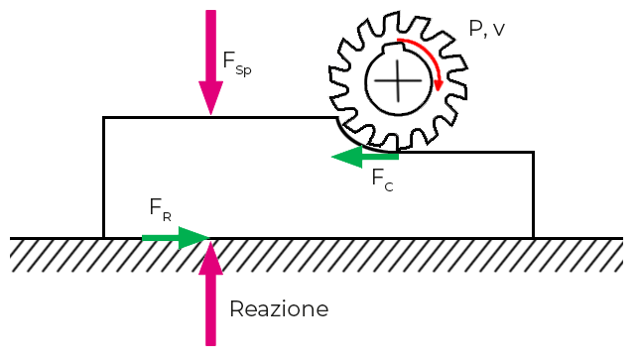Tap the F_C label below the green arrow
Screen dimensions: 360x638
pyautogui.click(x=382, y=180)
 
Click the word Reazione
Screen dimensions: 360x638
pyautogui.click(x=278, y=309)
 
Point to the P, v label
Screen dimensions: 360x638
pyautogui.click(x=486, y=30)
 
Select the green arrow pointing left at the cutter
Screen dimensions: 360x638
pyautogui.click(x=364, y=156)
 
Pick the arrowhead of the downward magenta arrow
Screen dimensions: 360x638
pyautogui.click(x=211, y=101)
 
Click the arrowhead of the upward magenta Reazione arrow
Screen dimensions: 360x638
pyautogui.click(x=211, y=256)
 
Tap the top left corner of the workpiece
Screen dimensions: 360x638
pyautogui.click(x=104, y=118)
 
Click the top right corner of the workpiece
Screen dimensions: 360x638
pyautogui.click(x=533, y=153)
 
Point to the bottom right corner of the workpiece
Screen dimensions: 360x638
pyautogui.click(x=533, y=238)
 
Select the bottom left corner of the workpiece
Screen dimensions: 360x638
pyautogui.click(x=104, y=238)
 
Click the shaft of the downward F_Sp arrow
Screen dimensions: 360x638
pyautogui.click(x=211, y=45)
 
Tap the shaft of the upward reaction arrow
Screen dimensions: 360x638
pyautogui.click(x=211, y=307)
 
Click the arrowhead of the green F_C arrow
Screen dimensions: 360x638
pyautogui.click(x=343, y=156)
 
